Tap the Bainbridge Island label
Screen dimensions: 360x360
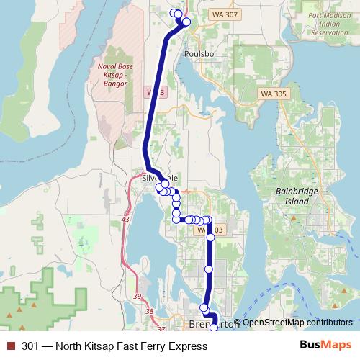pos(292,197)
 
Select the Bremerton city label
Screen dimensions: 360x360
pos(213,324)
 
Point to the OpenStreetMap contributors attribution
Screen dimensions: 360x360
pos(297,323)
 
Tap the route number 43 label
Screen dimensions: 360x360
pos(125,218)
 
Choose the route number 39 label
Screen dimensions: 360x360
pos(138,296)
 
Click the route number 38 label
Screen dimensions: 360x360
pos(149,311)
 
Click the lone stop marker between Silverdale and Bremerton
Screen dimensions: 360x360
pos(209,269)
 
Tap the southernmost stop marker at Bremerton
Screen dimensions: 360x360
pos(214,328)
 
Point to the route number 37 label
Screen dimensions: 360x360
pos(161,329)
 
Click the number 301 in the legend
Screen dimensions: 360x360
pos(30,346)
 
